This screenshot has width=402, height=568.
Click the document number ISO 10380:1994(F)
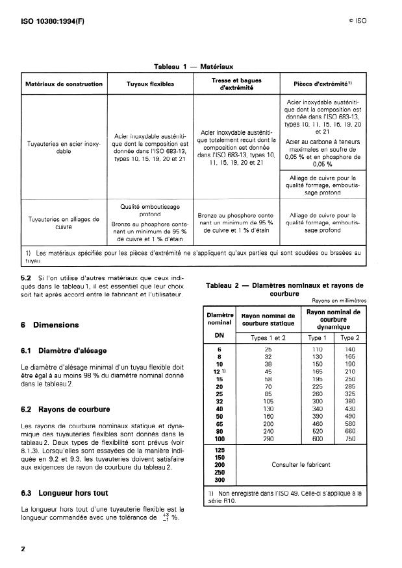tap(48, 21)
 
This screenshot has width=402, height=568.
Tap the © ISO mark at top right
tap(357, 21)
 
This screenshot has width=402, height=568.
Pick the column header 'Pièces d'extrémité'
tap(323, 84)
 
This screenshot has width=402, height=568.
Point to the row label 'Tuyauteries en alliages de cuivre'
tap(63, 222)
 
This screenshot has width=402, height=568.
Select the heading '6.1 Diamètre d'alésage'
tap(64, 351)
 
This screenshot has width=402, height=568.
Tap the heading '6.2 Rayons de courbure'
tap(65, 410)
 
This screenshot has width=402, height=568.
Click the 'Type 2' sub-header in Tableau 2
tap(349, 337)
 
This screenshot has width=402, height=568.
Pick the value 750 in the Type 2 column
tap(349, 438)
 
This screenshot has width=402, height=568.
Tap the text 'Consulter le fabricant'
tap(301, 464)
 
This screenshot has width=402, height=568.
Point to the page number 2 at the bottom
tap(23, 549)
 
